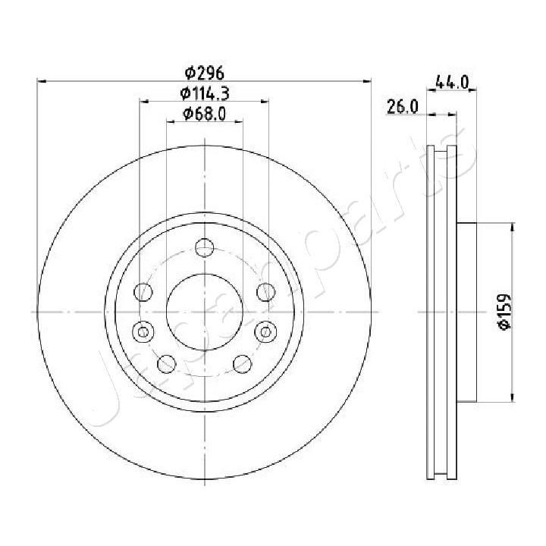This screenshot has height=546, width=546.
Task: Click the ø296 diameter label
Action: click(x=204, y=74)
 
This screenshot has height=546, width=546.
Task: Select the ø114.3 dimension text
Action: click(x=204, y=94)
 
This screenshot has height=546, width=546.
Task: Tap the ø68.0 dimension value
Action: click(x=204, y=115)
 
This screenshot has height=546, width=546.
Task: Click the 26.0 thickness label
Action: click(x=403, y=108)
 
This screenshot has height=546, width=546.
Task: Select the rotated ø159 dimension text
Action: click(x=503, y=312)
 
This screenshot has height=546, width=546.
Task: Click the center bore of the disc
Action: click(x=204, y=312)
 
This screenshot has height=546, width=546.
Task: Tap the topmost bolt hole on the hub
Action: click(x=204, y=246)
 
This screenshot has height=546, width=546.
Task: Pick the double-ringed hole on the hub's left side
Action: click(x=142, y=331)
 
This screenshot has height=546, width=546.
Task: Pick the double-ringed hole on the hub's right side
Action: click(x=266, y=331)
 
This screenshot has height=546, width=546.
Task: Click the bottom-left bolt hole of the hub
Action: click(x=165, y=364)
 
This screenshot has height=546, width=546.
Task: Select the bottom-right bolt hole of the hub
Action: click(x=242, y=364)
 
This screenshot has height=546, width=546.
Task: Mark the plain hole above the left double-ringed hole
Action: click(x=142, y=291)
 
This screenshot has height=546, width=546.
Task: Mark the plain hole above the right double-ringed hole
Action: click(x=265, y=291)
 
